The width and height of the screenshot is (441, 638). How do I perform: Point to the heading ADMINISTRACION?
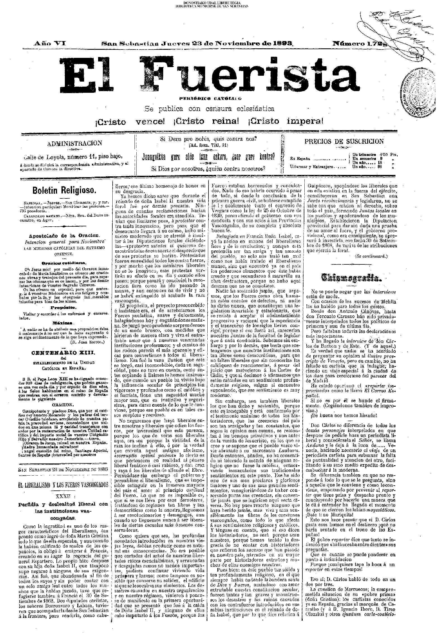click(75, 143)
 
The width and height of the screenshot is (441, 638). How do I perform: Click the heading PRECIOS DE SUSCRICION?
click(344, 141)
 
